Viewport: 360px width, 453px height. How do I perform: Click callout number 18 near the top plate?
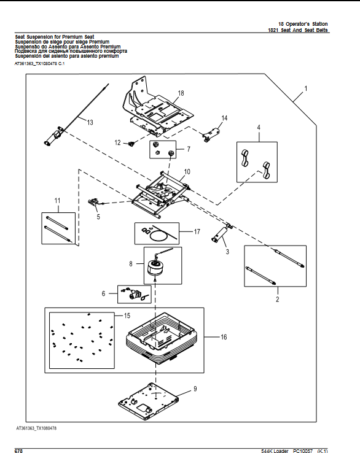click(181, 93)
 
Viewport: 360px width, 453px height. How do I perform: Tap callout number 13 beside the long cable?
click(90, 123)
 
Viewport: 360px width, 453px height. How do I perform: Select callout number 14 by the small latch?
click(224, 118)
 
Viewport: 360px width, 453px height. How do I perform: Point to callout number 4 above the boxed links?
click(259, 128)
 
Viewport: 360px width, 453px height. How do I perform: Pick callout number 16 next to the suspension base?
click(223, 337)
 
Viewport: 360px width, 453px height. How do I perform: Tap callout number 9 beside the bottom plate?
click(195, 389)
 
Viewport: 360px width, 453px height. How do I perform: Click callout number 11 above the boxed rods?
click(58, 201)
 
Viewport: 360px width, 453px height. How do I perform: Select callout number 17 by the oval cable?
click(197, 231)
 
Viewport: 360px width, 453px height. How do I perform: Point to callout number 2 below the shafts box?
click(277, 300)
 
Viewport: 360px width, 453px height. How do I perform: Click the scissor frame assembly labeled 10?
click(162, 193)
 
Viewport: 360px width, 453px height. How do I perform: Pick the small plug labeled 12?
click(131, 144)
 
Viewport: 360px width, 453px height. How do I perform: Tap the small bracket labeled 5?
click(95, 203)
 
